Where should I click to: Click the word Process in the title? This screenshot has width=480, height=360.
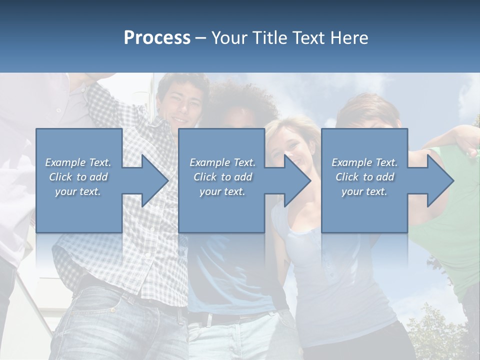(157, 38)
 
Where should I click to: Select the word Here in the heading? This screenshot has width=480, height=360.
(349, 38)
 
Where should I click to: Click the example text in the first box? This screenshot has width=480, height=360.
(78, 177)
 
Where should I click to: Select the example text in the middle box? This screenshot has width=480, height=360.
(222, 177)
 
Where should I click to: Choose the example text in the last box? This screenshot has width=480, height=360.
(364, 177)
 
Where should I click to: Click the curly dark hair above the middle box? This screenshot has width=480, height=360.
(240, 102)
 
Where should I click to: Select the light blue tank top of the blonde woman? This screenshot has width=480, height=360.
(320, 280)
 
